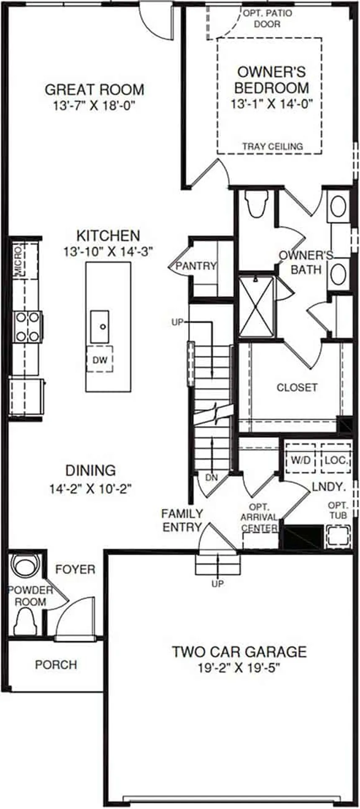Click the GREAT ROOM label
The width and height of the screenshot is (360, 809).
94,90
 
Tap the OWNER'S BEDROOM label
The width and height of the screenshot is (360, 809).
271,80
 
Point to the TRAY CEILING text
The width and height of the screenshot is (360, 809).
273,146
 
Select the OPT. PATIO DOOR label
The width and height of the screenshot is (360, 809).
267,19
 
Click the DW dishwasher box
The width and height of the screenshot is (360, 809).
100,359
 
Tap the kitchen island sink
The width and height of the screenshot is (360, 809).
100,326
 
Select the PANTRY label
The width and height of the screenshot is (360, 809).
196,266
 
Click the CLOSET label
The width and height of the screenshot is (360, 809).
297,387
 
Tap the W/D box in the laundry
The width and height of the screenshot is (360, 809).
301,460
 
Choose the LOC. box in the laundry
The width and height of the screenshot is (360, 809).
336,460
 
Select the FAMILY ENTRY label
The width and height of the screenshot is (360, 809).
182,520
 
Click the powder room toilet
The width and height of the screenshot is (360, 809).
26,622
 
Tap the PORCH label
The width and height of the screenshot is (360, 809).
56,665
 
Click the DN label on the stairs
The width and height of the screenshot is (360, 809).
211,477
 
